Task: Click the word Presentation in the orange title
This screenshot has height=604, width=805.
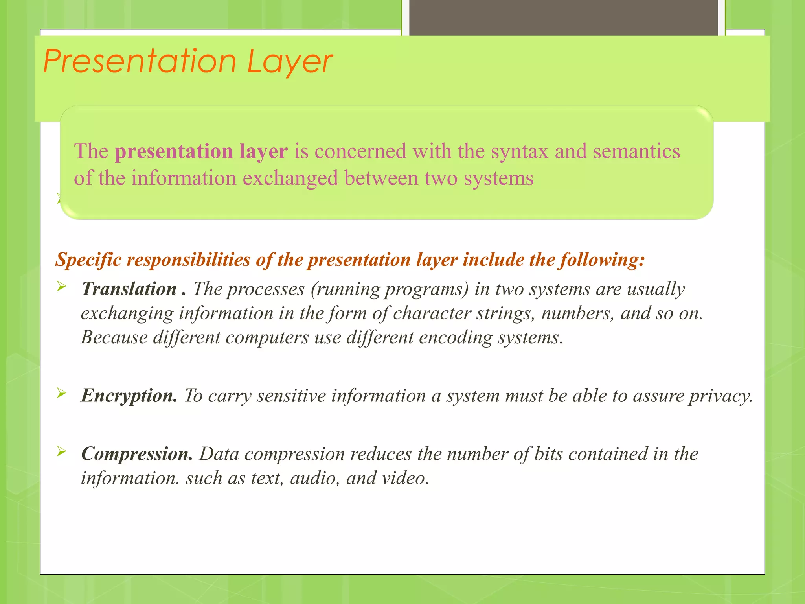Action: [140, 62]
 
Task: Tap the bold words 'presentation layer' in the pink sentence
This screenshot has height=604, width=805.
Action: [201, 151]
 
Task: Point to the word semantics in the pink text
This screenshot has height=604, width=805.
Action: [636, 151]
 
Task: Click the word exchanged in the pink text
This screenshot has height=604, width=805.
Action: [290, 178]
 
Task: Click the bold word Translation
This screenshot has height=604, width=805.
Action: [129, 289]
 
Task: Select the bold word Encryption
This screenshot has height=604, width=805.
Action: [129, 396]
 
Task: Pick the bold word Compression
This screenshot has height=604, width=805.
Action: [137, 454]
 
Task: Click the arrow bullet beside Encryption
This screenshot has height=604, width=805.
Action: [61, 392]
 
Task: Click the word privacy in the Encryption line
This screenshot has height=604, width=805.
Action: [720, 396]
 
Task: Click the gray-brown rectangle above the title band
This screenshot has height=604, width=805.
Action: [563, 18]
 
